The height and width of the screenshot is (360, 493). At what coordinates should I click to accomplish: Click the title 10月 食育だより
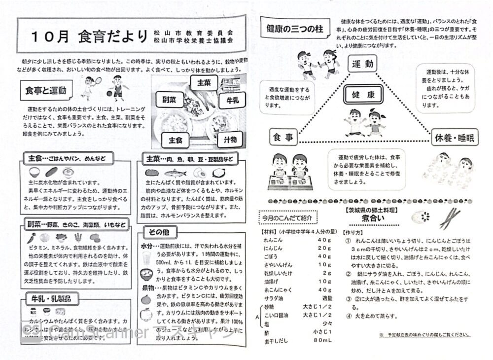click(x=89, y=36)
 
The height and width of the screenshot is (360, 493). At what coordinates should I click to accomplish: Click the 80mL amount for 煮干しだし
click(x=322, y=340)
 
